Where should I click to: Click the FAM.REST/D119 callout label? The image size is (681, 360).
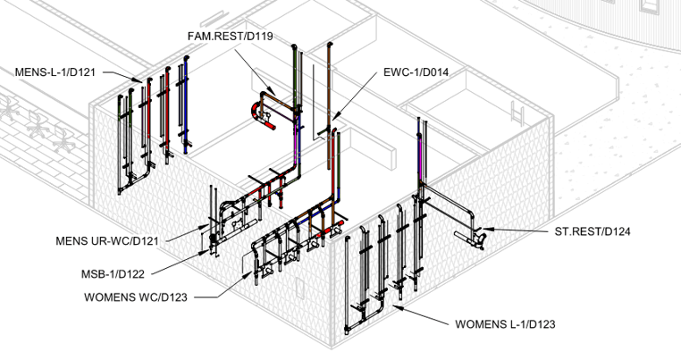(230, 37)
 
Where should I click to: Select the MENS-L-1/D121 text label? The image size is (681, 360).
(55, 70)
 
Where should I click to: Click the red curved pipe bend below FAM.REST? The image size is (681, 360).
(257, 111)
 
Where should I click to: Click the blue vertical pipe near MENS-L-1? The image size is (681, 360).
(184, 107)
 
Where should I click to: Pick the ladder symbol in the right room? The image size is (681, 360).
(518, 114)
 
